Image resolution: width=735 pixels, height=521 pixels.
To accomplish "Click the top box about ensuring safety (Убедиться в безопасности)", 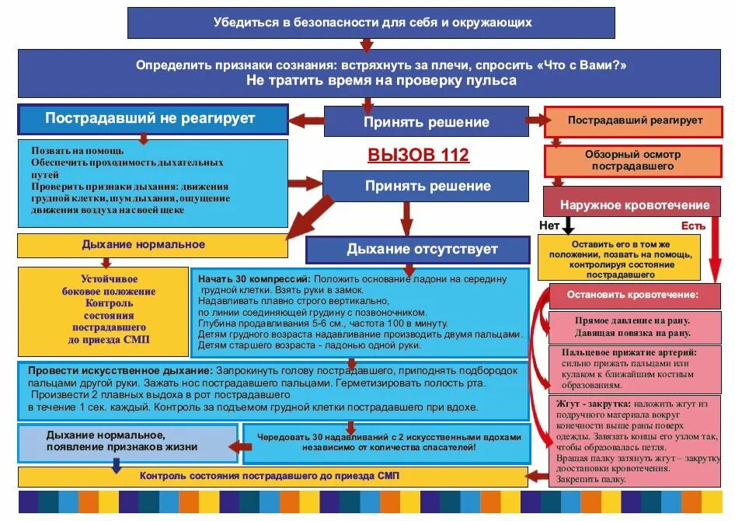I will pyautogui.click(x=371, y=23).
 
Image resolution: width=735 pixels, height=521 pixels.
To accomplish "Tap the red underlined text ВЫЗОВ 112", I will pyautogui.click(x=418, y=155).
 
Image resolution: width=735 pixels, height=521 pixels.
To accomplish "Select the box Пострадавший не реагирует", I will pyautogui.click(x=152, y=119).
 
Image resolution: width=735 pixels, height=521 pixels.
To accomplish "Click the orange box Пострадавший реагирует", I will pyautogui.click(x=634, y=121).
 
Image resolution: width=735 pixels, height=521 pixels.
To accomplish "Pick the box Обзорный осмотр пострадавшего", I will pyautogui.click(x=634, y=160).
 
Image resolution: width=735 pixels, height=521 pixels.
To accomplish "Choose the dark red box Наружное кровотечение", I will pyautogui.click(x=636, y=205).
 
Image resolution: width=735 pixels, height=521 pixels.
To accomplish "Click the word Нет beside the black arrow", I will pyautogui.click(x=549, y=226).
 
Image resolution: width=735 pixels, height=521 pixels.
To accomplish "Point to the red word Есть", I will pyautogui.click(x=693, y=226).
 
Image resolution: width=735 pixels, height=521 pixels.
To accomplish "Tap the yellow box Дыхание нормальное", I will pyautogui.click(x=144, y=245).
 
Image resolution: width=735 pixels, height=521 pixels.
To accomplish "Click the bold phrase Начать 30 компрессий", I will pyautogui.click(x=254, y=278).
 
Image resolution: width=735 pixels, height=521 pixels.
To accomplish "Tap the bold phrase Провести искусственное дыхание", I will pyautogui.click(x=120, y=370).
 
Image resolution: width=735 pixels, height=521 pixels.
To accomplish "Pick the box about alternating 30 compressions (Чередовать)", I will pyautogui.click(x=387, y=442).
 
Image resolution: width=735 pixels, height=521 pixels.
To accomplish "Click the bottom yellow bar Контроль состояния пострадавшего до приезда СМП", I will pyautogui.click(x=270, y=476).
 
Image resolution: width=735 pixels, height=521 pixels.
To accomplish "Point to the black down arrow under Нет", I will pyautogui.click(x=568, y=225).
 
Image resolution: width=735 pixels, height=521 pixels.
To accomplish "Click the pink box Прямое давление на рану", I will pyautogui.click(x=632, y=327).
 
